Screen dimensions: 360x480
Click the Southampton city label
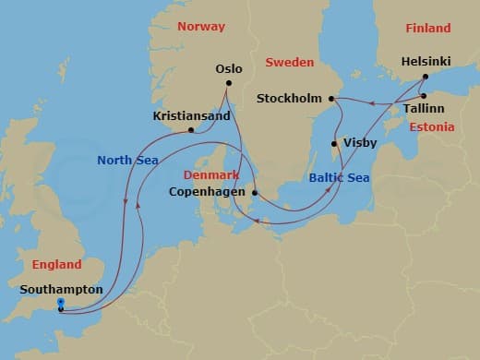click(x=60, y=289)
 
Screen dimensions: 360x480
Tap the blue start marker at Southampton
click(x=60, y=303)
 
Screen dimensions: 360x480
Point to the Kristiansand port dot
click(x=191, y=130)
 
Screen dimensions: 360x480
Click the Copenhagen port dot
click(x=256, y=193)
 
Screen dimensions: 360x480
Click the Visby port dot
click(x=334, y=143)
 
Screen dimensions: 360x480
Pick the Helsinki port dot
click(x=425, y=77)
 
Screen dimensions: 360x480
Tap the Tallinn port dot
click(x=423, y=95)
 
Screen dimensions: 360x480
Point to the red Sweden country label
click(x=289, y=62)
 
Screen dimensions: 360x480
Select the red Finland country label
click(x=427, y=28)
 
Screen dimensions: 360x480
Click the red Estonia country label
click(x=432, y=127)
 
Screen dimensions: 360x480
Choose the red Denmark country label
click(x=211, y=174)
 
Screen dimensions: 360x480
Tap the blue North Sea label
click(x=128, y=160)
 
